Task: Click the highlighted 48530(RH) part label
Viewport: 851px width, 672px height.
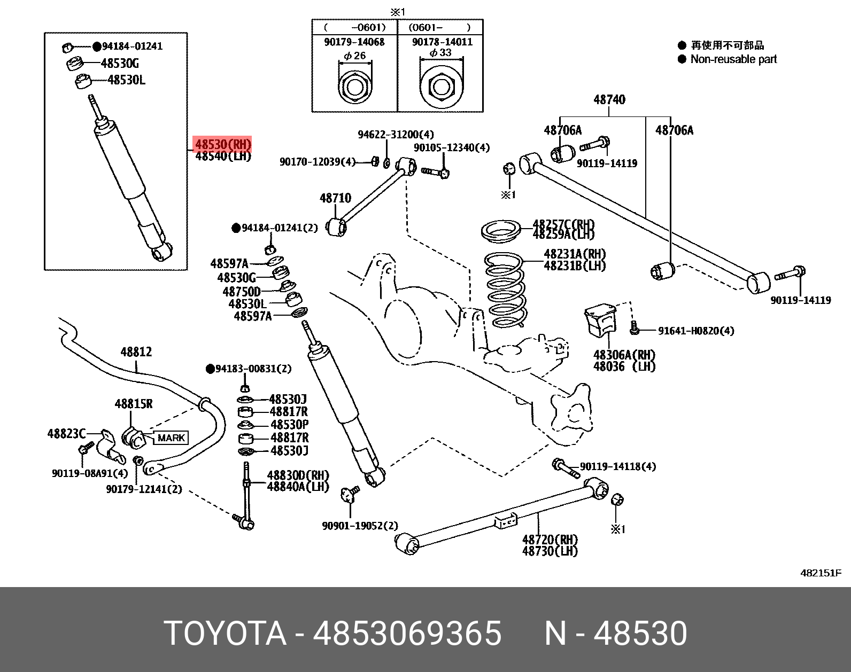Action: (x=222, y=144)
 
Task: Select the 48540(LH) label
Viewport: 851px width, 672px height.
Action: (x=223, y=157)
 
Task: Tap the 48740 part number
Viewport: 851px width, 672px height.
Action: (x=609, y=99)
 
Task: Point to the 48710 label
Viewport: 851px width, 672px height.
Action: (x=335, y=198)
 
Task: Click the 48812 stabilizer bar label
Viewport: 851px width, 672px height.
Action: (x=136, y=352)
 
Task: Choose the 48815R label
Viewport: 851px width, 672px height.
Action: (x=133, y=404)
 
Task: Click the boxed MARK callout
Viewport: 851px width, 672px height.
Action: (x=171, y=438)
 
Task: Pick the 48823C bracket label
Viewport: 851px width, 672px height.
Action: (x=66, y=434)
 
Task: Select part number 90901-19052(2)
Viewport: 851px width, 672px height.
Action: (x=360, y=526)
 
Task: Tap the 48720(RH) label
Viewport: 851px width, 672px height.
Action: (x=550, y=540)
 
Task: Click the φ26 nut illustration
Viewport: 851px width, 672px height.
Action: (x=354, y=85)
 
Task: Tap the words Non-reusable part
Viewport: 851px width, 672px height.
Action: (x=733, y=59)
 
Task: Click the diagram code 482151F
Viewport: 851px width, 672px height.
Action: (x=821, y=573)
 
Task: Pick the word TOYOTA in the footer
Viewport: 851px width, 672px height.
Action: (x=225, y=634)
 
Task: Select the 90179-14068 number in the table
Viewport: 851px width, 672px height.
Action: (x=354, y=42)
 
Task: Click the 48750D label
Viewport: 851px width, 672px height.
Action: (x=242, y=292)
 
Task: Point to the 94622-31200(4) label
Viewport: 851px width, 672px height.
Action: (x=396, y=135)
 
